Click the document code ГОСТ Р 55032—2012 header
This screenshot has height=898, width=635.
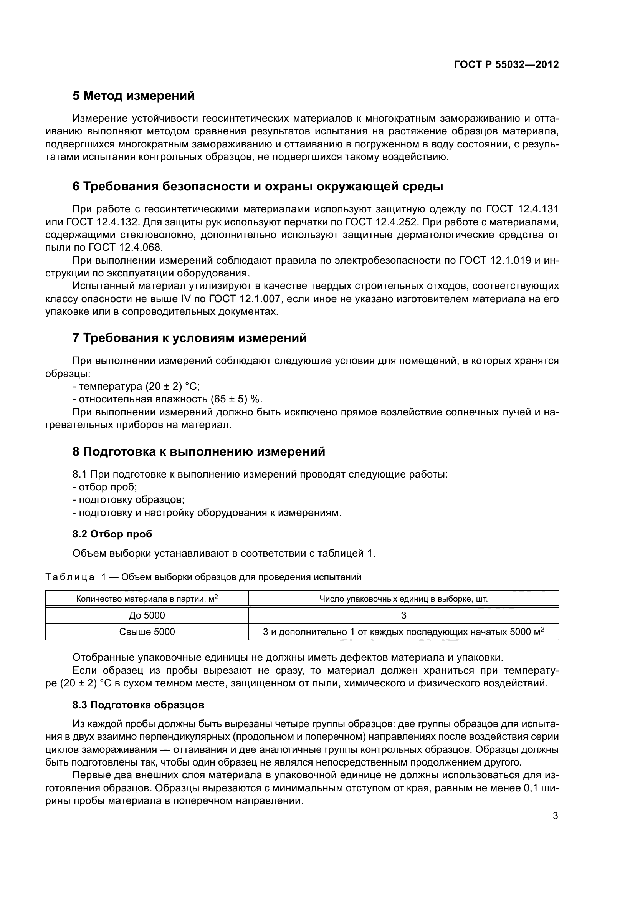pyautogui.click(x=506, y=64)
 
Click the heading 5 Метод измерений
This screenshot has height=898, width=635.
pyautogui.click(x=133, y=96)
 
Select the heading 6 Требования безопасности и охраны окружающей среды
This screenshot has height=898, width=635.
pyautogui.click(x=258, y=187)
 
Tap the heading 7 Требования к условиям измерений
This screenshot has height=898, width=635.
pyautogui.click(x=190, y=337)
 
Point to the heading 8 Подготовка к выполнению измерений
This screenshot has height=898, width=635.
pyautogui.click(x=198, y=451)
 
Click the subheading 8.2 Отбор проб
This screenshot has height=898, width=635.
pyautogui.click(x=112, y=534)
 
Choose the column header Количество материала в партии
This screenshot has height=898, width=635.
pyautogui.click(x=147, y=599)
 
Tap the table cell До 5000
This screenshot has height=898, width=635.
pyautogui.click(x=147, y=615)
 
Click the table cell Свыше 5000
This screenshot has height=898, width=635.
pyautogui.click(x=147, y=632)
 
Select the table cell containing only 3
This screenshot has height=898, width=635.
pyautogui.click(x=403, y=615)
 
